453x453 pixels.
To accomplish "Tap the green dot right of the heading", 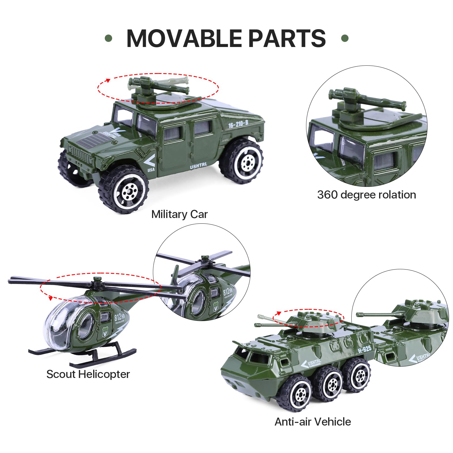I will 345,38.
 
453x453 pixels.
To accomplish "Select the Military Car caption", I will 179,214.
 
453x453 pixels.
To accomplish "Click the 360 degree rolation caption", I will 366,195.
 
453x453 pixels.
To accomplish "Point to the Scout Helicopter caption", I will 88,374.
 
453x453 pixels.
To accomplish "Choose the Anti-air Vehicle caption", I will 313,422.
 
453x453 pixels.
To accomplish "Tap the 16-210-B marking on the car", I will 238,124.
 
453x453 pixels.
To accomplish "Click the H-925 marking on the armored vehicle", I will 364,349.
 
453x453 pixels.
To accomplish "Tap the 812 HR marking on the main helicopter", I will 119,317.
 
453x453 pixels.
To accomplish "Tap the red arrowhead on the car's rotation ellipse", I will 108,80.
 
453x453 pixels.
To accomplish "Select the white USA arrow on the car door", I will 149,161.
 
